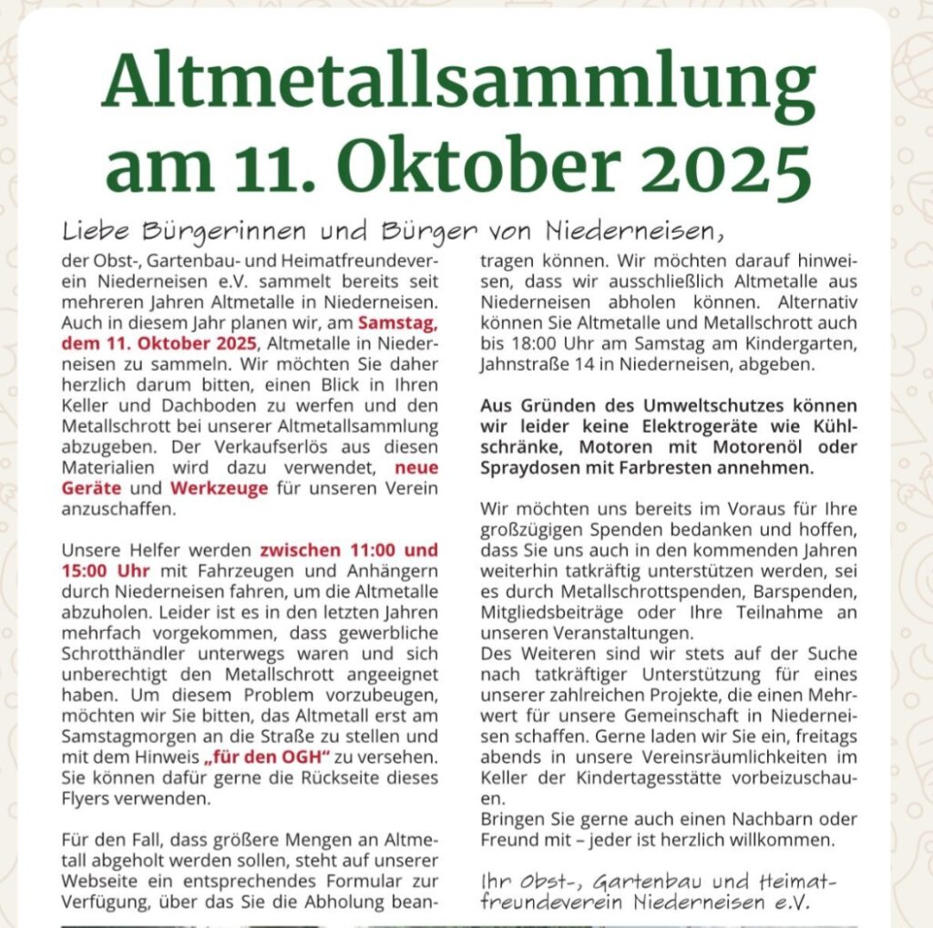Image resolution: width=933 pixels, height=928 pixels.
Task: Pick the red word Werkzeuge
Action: pyautogui.click(x=219, y=488)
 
